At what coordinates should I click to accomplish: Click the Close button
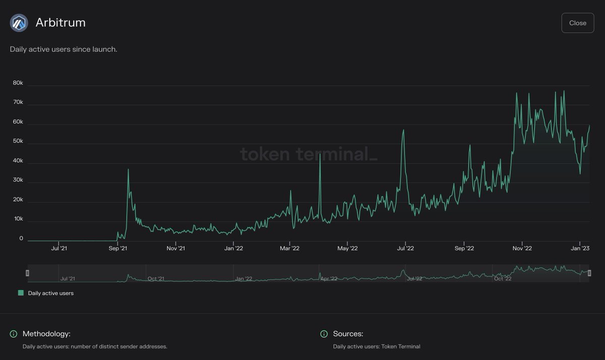click(x=577, y=23)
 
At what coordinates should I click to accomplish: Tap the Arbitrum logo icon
click(x=19, y=23)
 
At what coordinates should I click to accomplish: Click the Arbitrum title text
click(x=60, y=23)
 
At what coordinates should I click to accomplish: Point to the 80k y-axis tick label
click(x=18, y=83)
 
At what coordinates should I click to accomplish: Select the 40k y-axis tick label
click(x=18, y=161)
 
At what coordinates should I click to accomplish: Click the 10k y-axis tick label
click(x=18, y=219)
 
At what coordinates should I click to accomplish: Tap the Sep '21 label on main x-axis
click(x=117, y=248)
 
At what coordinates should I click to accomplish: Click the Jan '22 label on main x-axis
click(x=233, y=248)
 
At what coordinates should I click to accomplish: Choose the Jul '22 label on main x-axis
click(x=405, y=248)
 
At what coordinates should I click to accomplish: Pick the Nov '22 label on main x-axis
click(x=522, y=248)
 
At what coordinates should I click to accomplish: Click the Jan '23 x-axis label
click(x=580, y=248)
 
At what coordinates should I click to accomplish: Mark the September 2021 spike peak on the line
click(x=128, y=169)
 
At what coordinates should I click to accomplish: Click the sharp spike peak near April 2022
click(x=320, y=154)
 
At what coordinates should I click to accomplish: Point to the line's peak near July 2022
click(x=403, y=130)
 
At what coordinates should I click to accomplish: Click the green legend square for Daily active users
click(x=21, y=293)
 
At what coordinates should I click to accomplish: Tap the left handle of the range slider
click(x=28, y=273)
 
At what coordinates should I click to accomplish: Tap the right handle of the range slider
click(x=589, y=273)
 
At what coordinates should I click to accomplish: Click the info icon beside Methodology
click(x=14, y=334)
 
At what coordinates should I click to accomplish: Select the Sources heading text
click(x=348, y=334)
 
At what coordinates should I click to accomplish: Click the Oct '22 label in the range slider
click(x=503, y=278)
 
